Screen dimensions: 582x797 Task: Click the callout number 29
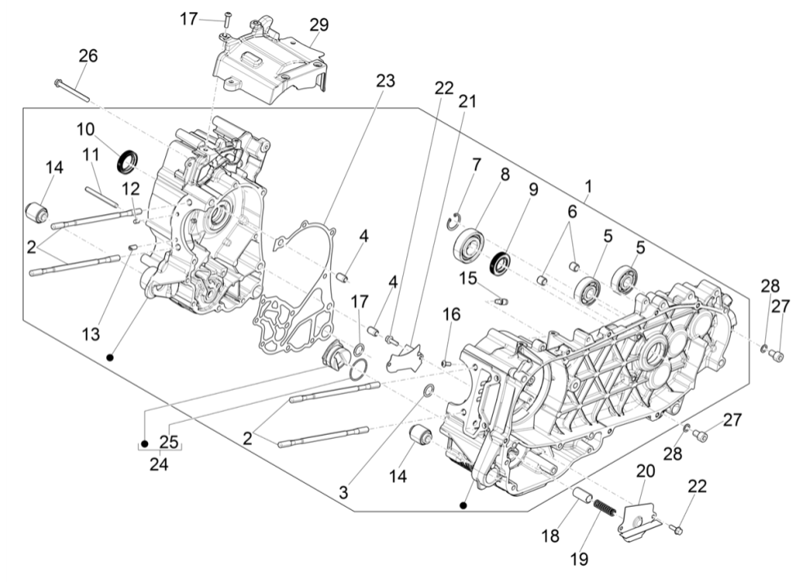pyautogui.click(x=319, y=25)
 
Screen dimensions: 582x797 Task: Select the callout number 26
pyautogui.click(x=87, y=56)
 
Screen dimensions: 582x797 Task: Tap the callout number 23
pyautogui.click(x=385, y=81)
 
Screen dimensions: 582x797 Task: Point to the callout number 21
pyautogui.click(x=467, y=101)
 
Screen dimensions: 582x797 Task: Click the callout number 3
pyautogui.click(x=344, y=494)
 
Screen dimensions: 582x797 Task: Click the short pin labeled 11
pyautogui.click(x=102, y=196)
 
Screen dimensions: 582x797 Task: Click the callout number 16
pyautogui.click(x=451, y=315)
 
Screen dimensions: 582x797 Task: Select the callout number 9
pyautogui.click(x=533, y=190)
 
